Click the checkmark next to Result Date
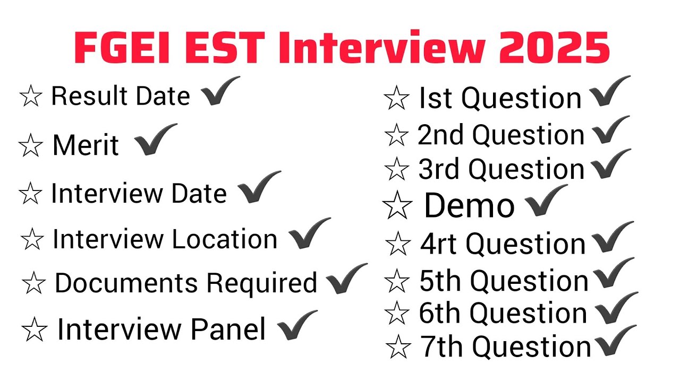(219, 91)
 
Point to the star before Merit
(30, 146)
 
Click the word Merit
(86, 145)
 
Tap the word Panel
(228, 329)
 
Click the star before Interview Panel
(35, 331)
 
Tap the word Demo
(469, 206)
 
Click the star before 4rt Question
(398, 245)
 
